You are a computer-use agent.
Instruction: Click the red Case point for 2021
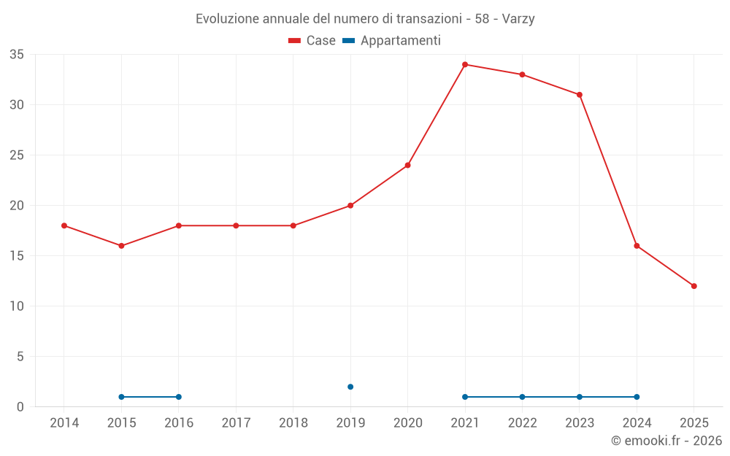465,64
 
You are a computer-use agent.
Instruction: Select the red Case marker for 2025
694,286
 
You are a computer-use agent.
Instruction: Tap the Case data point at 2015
121,246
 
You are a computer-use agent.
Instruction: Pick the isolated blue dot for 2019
350,387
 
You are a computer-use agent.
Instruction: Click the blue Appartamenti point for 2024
637,397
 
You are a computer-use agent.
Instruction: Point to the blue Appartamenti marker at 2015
121,397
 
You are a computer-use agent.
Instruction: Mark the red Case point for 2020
407,165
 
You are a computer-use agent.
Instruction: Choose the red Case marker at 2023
580,95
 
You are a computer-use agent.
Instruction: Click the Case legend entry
312,41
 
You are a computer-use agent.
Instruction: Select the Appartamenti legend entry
392,41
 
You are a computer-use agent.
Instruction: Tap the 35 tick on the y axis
17,55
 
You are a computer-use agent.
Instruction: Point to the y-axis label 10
17,306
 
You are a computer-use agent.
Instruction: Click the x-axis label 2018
293,423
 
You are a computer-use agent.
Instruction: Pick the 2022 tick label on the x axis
522,423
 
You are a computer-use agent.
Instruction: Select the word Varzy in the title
518,19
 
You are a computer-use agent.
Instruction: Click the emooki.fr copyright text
666,441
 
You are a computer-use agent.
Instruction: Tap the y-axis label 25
17,155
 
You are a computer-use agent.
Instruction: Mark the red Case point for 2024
637,246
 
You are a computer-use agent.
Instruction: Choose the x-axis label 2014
64,423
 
